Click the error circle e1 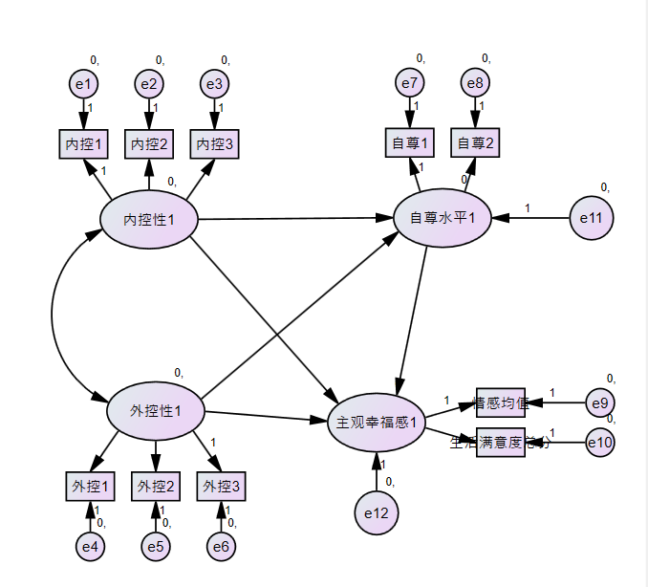84,84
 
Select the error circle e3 214,84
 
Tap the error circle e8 475,84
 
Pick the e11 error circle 591,218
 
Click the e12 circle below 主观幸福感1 377,513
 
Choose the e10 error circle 600,442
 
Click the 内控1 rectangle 83,144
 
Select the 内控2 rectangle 149,144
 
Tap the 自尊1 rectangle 409,143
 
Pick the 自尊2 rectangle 476,143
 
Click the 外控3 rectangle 221,487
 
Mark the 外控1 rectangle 90,487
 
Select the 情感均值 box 501,402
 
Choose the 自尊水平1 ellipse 443,218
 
